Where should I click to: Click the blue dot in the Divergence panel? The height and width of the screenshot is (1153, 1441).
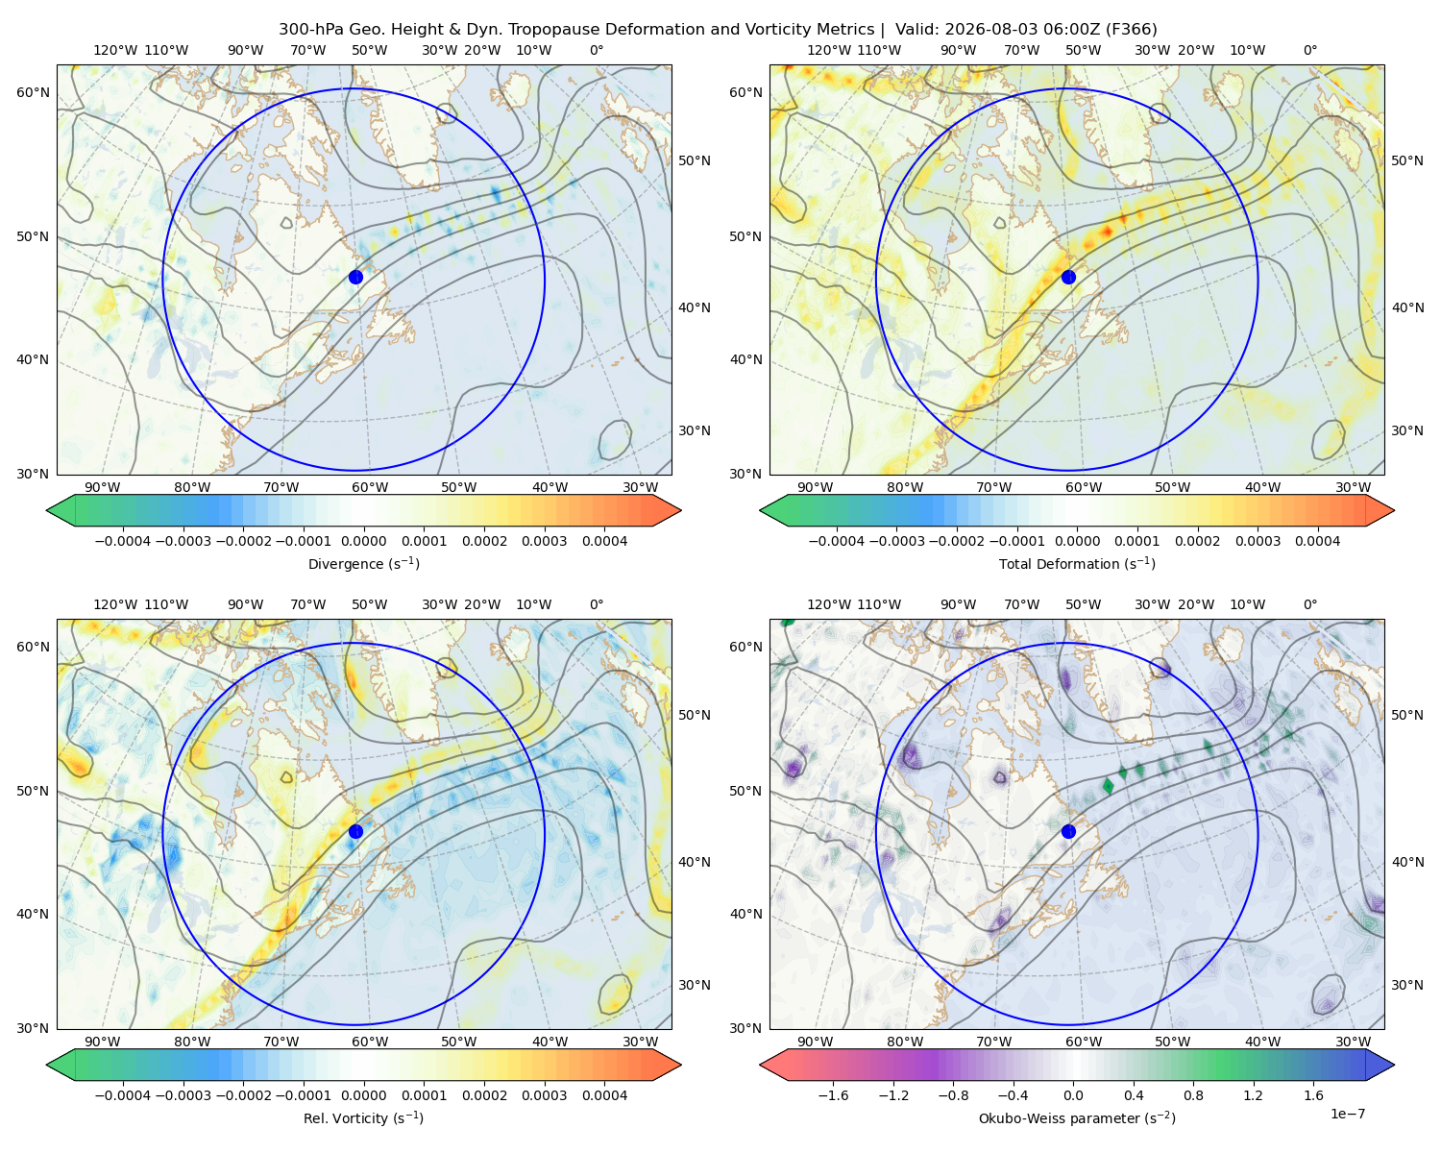click(355, 277)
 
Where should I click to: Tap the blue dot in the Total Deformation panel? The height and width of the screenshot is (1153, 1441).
click(1068, 277)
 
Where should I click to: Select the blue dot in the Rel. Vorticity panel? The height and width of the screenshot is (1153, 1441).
click(355, 831)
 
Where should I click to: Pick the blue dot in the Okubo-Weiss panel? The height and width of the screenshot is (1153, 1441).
click(1068, 831)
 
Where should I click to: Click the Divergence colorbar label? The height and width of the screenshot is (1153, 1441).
click(363, 563)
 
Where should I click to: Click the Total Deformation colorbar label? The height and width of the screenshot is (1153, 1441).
click(1077, 563)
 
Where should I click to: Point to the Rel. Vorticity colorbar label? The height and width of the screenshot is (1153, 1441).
click(363, 1118)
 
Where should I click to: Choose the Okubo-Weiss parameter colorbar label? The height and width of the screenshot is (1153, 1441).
click(1077, 1118)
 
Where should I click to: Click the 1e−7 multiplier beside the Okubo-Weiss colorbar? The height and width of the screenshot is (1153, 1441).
click(1347, 1114)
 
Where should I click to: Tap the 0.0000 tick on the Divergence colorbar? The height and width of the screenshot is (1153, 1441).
click(363, 541)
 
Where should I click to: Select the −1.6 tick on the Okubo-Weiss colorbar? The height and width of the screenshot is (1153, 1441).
click(833, 1095)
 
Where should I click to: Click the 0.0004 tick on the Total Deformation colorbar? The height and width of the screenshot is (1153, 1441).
click(1317, 541)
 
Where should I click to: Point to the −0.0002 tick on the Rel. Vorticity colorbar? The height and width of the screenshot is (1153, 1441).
click(243, 1095)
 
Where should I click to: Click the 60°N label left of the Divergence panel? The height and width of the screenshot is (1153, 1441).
click(33, 92)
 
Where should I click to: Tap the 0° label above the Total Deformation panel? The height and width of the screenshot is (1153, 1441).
click(1309, 50)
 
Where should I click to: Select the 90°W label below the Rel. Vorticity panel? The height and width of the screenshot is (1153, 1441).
click(103, 1042)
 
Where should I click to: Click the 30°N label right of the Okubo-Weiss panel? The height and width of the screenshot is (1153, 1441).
click(1407, 985)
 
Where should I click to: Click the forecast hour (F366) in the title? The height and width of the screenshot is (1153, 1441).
click(1131, 30)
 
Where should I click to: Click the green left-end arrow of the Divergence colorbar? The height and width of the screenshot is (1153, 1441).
click(61, 510)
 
